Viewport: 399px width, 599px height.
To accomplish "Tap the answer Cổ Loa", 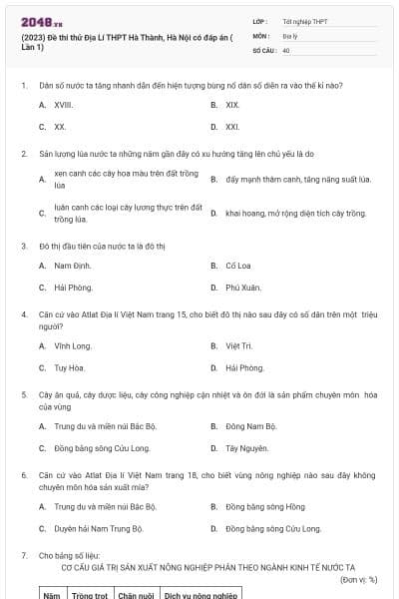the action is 237,266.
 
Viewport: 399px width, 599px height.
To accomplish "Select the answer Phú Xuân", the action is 242,288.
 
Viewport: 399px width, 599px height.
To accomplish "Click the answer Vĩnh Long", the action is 73,345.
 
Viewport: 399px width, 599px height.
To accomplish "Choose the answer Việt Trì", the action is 238,345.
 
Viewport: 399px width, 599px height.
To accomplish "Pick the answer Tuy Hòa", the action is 70,367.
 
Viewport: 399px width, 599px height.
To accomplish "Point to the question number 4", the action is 23,313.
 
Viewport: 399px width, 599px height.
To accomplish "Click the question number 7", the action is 23,553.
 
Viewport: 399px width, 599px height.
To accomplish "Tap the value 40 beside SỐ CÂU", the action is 286,49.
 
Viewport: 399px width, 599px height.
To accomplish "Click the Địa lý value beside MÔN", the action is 290,35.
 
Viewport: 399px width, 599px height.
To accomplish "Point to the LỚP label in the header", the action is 260,21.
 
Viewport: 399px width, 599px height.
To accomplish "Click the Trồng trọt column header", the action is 89,594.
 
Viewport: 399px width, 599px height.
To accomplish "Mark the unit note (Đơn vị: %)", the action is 358,579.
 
